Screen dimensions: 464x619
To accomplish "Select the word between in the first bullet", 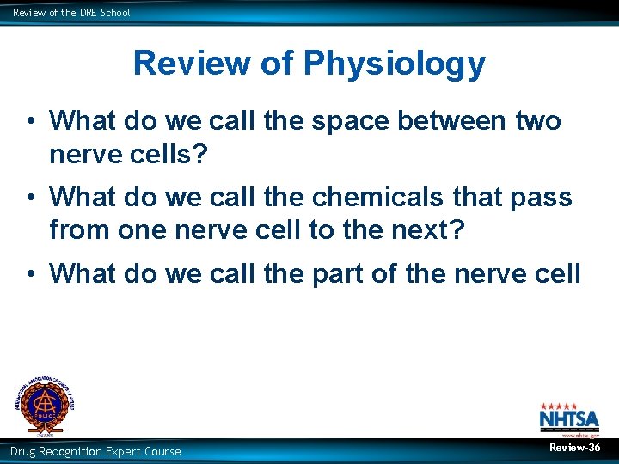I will [x=452, y=121].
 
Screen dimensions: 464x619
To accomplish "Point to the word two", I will [x=537, y=121].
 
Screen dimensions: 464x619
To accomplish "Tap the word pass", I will [x=542, y=198].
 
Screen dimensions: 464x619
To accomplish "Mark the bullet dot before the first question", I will [x=29, y=122].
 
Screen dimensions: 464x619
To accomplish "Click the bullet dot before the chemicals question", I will [x=29, y=198].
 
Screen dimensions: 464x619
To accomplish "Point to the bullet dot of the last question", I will [x=29, y=274].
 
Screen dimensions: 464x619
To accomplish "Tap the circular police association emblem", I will [x=43, y=404].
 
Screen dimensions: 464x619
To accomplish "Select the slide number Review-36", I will [x=575, y=448].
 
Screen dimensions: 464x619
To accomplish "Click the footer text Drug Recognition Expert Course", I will [x=95, y=451].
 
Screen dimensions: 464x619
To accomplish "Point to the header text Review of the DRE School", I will [x=71, y=13].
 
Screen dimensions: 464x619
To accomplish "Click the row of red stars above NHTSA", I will [x=558, y=406].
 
